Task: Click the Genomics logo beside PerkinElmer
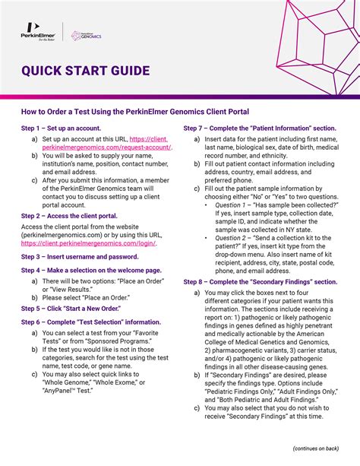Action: (x=86, y=36)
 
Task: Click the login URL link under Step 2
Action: (x=89, y=243)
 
